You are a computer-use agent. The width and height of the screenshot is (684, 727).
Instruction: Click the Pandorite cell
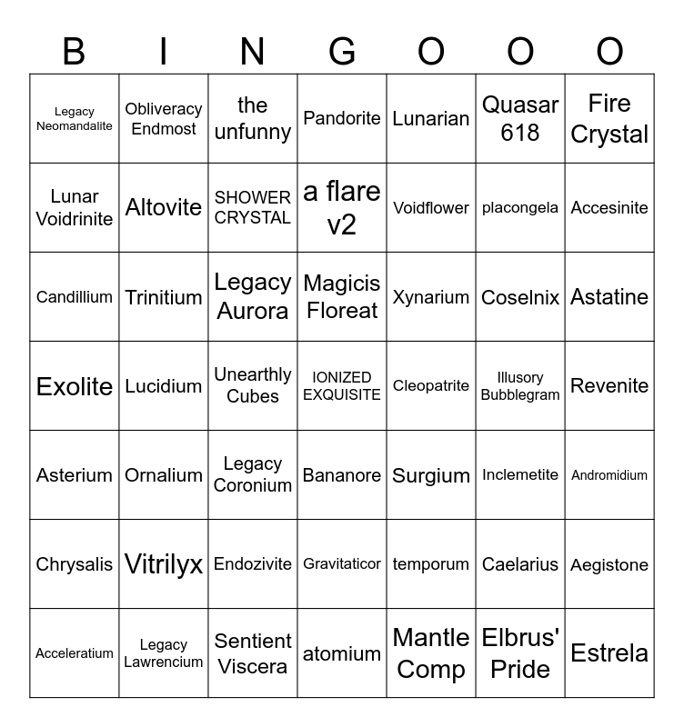342,119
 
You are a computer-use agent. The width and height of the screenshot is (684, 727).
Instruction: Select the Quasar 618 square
520,119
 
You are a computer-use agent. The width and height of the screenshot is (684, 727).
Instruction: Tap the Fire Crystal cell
609,119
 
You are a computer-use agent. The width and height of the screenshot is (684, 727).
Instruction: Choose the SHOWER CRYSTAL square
253,208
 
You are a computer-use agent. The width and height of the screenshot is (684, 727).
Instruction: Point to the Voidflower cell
431,208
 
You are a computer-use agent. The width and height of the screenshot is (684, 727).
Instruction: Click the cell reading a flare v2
342,208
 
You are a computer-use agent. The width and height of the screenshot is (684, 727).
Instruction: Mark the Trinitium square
164,297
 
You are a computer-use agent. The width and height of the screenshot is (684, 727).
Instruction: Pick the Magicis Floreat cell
342,297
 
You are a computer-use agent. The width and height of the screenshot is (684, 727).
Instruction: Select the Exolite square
75,386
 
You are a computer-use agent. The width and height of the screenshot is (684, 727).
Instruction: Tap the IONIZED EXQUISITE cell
342,386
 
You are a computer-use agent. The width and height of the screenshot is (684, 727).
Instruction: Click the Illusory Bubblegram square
520,386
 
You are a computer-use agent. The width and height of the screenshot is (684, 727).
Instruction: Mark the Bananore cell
342,475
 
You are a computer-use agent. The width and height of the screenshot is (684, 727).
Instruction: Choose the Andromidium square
609,475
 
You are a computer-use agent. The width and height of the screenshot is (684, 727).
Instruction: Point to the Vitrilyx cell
164,564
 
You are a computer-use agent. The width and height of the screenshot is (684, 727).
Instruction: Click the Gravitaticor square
342,564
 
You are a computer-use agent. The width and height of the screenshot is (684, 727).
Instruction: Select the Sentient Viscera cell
253,653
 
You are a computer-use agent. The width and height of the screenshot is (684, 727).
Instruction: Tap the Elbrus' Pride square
520,653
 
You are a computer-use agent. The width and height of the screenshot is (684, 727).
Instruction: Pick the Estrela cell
609,653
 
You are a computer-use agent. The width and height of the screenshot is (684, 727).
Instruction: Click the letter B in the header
74,53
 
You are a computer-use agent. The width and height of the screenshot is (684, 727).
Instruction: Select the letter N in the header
252,53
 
